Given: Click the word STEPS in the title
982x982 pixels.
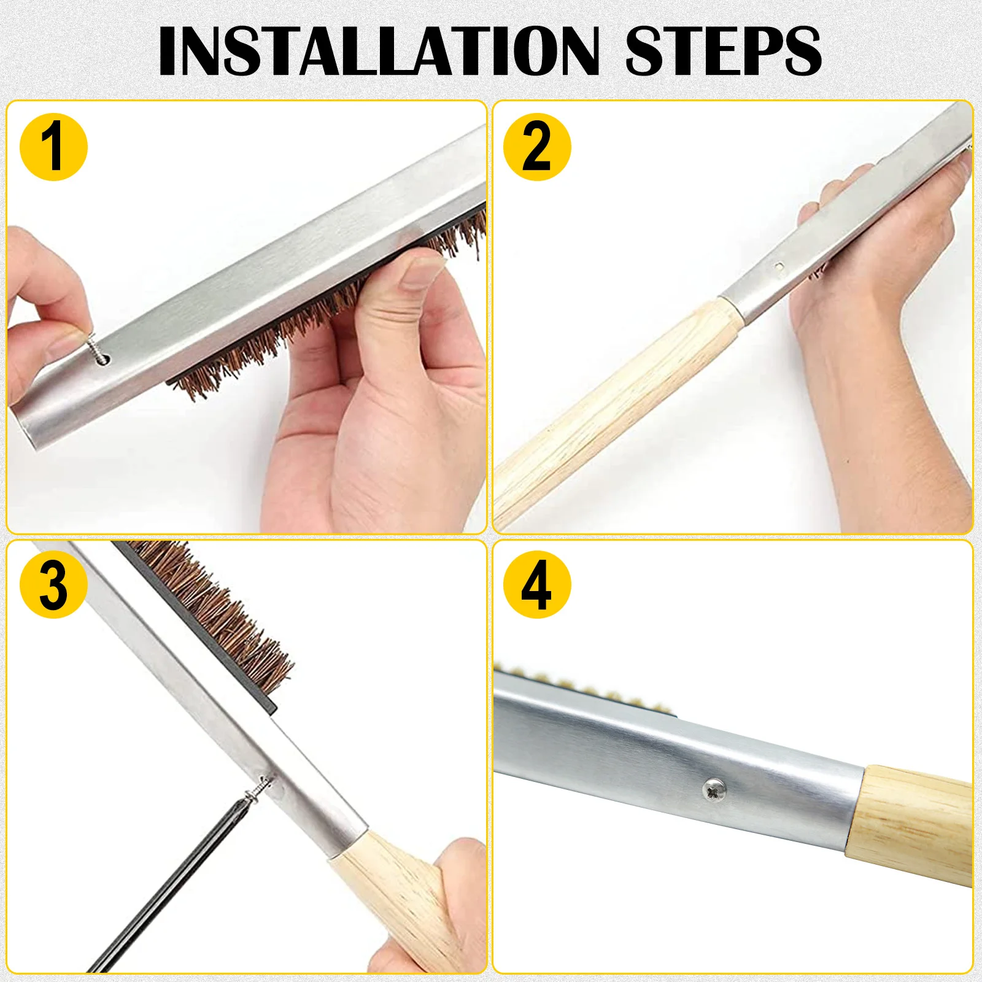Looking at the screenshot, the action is point(724,52).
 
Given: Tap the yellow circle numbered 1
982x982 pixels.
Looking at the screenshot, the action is point(54,147).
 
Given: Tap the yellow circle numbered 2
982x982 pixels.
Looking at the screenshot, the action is point(537,147).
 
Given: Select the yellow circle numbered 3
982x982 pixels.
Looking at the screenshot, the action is point(54,584).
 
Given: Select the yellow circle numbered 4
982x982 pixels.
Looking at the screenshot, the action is point(537,584).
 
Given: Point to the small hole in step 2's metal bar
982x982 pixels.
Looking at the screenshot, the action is point(779,266).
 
